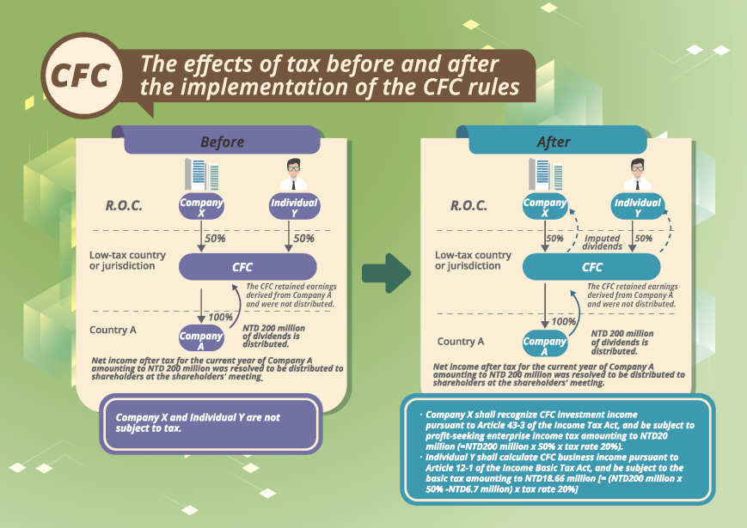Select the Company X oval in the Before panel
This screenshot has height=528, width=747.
point(200,206)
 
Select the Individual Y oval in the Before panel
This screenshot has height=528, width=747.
point(294,206)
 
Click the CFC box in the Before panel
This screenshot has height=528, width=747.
point(243,267)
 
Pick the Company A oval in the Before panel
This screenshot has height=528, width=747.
point(200,337)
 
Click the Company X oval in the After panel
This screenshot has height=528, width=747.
point(545,206)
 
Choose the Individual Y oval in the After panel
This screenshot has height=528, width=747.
point(637,206)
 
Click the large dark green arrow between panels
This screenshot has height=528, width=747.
point(384,273)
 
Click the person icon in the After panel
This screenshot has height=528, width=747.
point(637,174)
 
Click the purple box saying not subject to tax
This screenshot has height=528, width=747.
point(211,422)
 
